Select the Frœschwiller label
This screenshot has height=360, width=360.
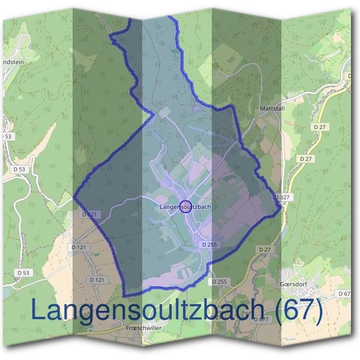point(142,328)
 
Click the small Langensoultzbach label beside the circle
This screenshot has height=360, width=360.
point(185,208)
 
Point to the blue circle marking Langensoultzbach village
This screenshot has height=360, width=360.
point(186,206)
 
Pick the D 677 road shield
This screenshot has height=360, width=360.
point(261,319)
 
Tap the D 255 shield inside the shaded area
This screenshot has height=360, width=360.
point(209,245)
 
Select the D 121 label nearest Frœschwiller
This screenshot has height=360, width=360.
point(97,280)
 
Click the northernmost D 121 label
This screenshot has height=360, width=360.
point(88,215)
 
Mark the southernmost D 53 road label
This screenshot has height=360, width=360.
point(22,273)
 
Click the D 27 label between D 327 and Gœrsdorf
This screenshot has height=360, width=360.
point(265,248)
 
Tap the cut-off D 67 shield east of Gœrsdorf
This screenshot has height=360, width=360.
point(344,293)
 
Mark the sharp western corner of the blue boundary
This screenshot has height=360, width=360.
point(74,196)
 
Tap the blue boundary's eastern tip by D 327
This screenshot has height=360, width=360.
point(280,208)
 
